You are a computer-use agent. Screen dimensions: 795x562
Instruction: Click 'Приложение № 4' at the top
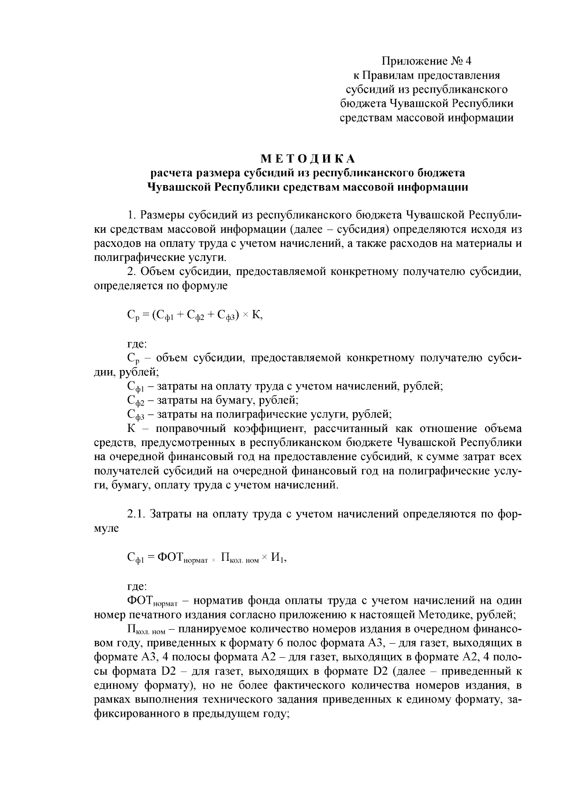426,61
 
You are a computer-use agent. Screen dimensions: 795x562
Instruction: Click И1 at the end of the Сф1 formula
279,557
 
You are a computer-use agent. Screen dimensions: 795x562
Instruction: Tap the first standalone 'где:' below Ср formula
137,344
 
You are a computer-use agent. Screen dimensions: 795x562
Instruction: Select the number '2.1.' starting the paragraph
137,514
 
